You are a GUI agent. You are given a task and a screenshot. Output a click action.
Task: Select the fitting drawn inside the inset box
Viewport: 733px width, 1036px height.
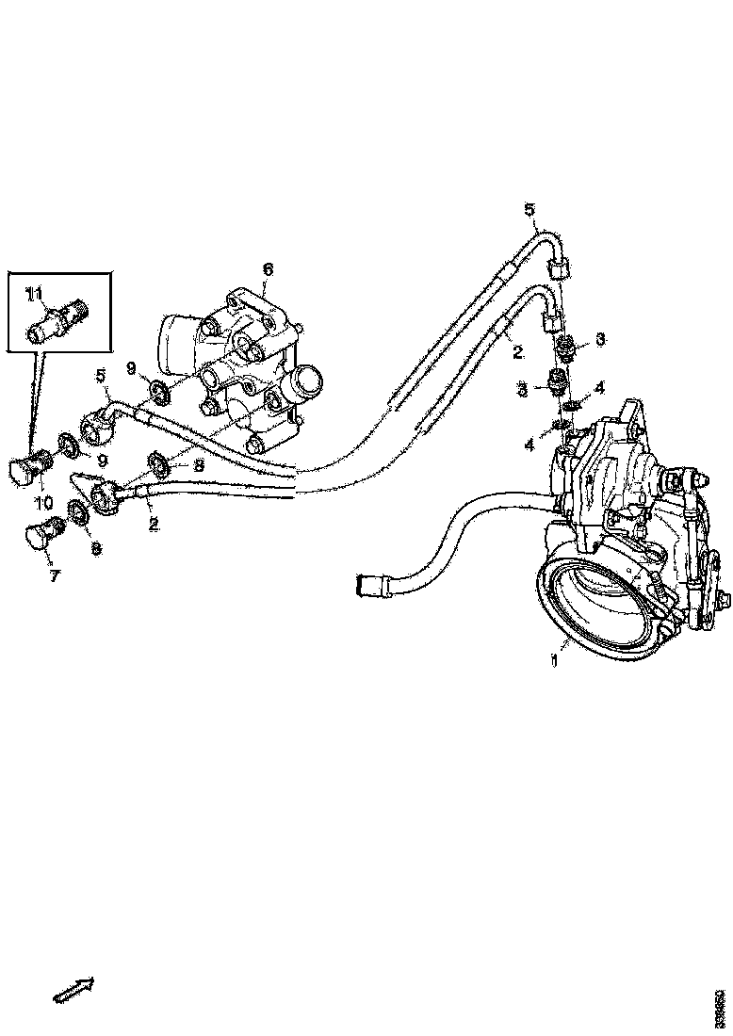coord(57,319)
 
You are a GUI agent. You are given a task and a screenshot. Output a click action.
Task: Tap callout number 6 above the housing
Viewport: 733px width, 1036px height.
coord(268,270)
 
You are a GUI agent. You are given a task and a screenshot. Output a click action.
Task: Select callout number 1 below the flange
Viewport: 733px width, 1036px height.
coord(555,661)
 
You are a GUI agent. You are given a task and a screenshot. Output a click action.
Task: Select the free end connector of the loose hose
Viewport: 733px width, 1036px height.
coord(366,585)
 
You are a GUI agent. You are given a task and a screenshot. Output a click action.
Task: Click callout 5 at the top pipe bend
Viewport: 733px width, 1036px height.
coord(529,208)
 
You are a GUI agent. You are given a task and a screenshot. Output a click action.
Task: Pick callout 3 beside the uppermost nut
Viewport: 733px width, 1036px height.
coord(599,339)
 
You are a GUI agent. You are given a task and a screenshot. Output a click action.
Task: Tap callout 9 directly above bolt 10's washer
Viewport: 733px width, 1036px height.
coord(102,461)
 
